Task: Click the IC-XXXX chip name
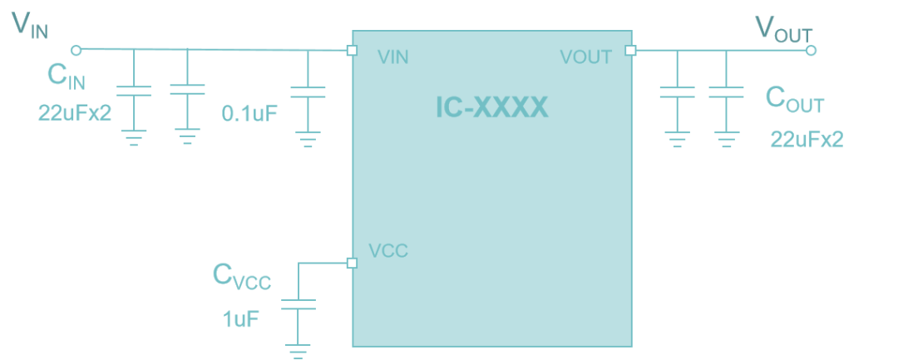click(x=492, y=108)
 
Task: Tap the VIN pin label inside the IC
click(x=393, y=57)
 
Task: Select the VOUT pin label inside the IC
click(x=585, y=57)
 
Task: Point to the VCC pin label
click(x=388, y=251)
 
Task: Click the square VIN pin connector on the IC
click(x=352, y=50)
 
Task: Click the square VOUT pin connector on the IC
click(x=630, y=50)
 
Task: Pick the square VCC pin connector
click(x=352, y=263)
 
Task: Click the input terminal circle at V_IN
click(x=76, y=50)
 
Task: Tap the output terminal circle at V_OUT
click(x=812, y=50)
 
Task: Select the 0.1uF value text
click(x=249, y=114)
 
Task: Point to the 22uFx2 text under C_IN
click(x=74, y=113)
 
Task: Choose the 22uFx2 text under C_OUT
click(x=807, y=140)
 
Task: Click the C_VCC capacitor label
click(x=241, y=277)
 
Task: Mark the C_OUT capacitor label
click(x=794, y=100)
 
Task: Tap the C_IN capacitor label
click(x=67, y=77)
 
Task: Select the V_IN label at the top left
click(x=30, y=26)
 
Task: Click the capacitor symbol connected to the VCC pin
click(x=298, y=305)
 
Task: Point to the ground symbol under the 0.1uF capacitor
click(x=308, y=138)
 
